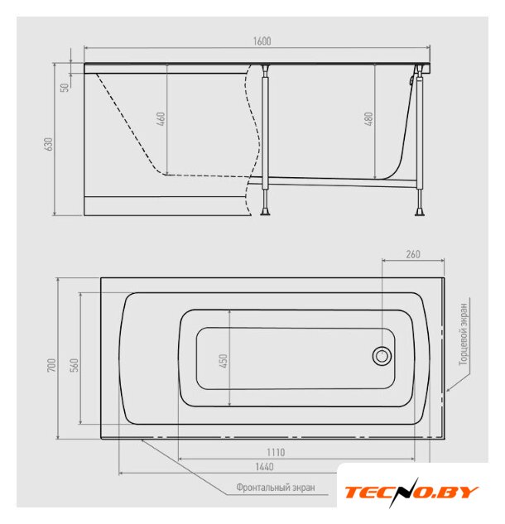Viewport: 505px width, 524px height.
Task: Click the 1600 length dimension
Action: [262, 41]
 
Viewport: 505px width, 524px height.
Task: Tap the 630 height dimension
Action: [49, 144]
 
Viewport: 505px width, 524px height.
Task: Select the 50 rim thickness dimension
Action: [65, 87]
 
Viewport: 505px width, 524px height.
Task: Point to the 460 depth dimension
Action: [161, 119]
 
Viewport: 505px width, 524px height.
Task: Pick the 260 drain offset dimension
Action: [413, 254]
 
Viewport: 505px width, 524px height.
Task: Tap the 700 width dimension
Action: [51, 365]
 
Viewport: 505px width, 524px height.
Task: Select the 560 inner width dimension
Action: [75, 364]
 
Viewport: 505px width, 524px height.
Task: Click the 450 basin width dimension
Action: [224, 361]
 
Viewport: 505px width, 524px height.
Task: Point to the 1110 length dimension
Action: [276, 452]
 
